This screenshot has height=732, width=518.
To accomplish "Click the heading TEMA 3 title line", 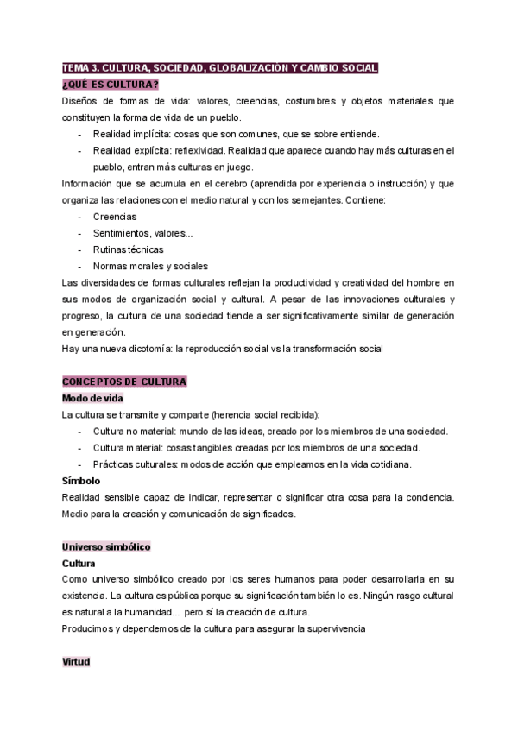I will pos(219,69).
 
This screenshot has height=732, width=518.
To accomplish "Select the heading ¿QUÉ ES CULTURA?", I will pos(110,85).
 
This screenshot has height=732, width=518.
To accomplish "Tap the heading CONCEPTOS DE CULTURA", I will pos(124,381).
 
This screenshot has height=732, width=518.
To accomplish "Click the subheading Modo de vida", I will pos(92,398).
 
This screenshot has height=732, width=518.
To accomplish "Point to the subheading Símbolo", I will pos(81,480).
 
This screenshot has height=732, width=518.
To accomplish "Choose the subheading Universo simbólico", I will pos(106,546).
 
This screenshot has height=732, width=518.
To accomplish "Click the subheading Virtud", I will pos(76,661).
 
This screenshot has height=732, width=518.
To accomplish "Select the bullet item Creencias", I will pos(115,217).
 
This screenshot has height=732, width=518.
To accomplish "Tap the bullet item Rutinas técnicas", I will pos(128,249).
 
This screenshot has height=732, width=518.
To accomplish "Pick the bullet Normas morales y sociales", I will pos(150,266).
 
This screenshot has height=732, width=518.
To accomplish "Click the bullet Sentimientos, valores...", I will pos(143,233).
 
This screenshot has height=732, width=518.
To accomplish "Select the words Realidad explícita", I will pos(134,150).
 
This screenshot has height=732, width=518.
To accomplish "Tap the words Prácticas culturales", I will pos(136,464).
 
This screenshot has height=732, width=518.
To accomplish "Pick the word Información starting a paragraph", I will pos(89,184).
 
